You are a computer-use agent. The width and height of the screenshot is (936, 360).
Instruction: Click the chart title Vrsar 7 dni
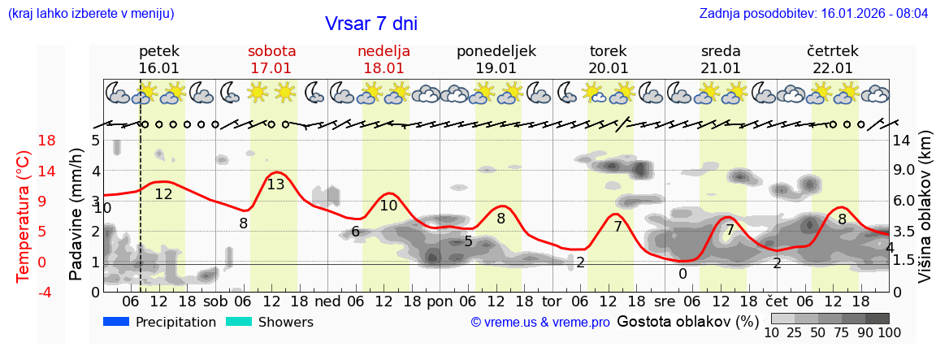(x=370, y=24)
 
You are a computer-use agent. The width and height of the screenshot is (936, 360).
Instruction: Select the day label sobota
(x=271, y=51)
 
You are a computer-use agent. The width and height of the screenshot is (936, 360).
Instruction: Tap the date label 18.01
(x=383, y=68)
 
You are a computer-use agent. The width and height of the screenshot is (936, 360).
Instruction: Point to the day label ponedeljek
(x=496, y=51)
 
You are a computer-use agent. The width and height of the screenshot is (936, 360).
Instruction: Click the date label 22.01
(x=832, y=68)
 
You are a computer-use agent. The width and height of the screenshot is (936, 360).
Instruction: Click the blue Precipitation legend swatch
(x=116, y=322)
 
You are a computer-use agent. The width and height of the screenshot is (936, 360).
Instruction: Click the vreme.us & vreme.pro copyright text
(x=540, y=323)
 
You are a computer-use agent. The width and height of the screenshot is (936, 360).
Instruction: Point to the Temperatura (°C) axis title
(x=24, y=215)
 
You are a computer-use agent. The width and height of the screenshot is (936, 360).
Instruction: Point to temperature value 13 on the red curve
(x=275, y=184)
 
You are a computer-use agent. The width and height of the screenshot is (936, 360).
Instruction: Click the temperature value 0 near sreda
(x=682, y=274)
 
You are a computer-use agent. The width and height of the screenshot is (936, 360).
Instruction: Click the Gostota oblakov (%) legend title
(x=687, y=322)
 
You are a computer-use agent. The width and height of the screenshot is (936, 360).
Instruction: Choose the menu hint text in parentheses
(x=91, y=14)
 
